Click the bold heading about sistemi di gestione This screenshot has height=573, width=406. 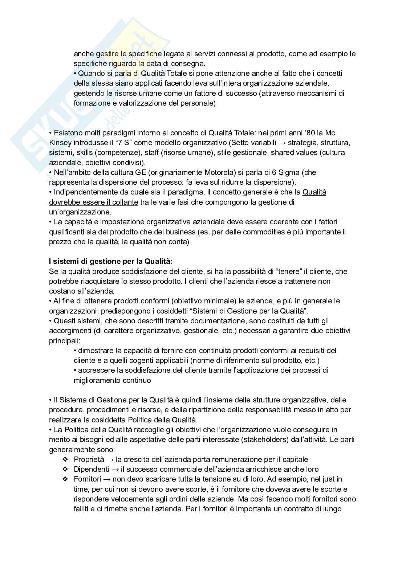click(x=111, y=261)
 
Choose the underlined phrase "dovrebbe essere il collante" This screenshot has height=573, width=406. click(x=93, y=202)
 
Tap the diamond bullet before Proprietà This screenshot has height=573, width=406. click(x=65, y=459)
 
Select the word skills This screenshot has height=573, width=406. click(x=85, y=152)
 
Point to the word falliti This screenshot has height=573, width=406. click(x=84, y=509)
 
